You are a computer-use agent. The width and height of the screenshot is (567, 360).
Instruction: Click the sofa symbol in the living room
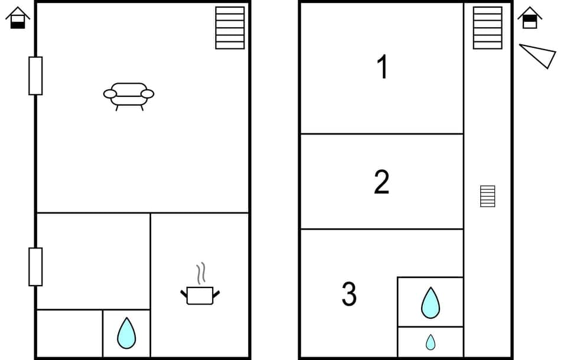click(129, 94)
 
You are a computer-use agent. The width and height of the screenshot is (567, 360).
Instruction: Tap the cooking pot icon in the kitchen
click(200, 294)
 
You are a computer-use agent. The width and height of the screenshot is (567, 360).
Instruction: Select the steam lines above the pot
click(201, 273)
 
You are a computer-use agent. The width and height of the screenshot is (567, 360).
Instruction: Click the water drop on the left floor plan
click(126, 333)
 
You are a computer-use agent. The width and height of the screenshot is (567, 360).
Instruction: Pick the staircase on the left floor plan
click(230, 28)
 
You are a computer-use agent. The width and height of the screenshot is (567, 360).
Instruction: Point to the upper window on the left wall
click(35, 76)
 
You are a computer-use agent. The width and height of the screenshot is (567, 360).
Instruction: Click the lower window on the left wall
click(35, 267)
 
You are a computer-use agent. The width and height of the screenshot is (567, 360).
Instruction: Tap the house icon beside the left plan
click(18, 18)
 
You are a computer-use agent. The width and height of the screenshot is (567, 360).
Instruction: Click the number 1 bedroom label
click(383, 67)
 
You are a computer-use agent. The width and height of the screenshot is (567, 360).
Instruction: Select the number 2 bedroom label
click(382, 182)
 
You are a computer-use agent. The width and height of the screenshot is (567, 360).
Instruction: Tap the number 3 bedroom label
click(349, 294)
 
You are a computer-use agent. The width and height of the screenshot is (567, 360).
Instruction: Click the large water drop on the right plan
click(430, 302)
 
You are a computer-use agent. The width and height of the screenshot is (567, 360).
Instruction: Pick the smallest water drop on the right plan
click(430, 342)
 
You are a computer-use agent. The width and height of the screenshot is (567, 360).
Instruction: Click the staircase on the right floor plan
click(488, 28)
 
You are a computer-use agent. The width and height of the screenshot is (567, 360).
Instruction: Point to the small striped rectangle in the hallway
click(487, 196)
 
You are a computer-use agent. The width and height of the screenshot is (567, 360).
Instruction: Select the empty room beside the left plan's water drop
click(69, 333)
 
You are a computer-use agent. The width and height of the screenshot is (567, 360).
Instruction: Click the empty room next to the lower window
click(93, 261)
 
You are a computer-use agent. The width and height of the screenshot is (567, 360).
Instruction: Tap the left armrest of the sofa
click(110, 93)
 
